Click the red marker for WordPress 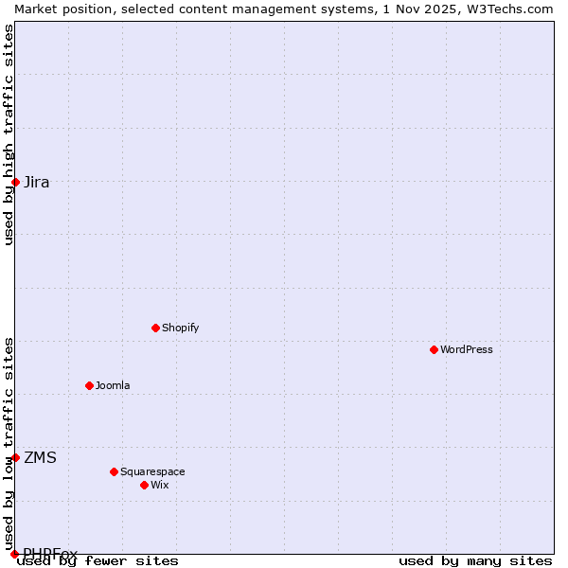[x=434, y=349]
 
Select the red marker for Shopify [x=155, y=328]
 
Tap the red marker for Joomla [x=89, y=385]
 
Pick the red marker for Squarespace [x=114, y=471]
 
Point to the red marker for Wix [x=144, y=485]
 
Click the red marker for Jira [x=15, y=182]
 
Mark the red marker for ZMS [x=15, y=457]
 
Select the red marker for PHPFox [x=15, y=554]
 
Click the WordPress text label [x=466, y=349]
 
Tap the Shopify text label [x=180, y=328]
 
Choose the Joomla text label [x=113, y=385]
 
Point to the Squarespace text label [x=152, y=471]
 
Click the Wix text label [x=159, y=485]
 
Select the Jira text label [x=37, y=182]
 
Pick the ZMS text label [x=40, y=457]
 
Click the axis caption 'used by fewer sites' [x=98, y=560]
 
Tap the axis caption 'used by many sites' [x=475, y=560]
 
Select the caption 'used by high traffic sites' [x=9, y=134]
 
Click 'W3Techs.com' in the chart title [x=509, y=9]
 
